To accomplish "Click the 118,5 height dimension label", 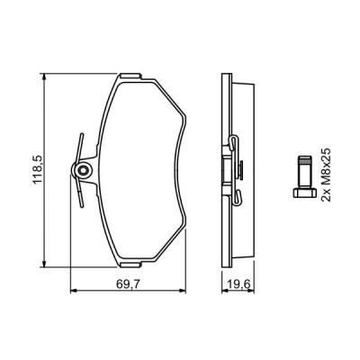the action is tap(38, 170).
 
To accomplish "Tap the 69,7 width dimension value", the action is tap(129, 284).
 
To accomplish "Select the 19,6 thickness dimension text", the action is tap(238, 284).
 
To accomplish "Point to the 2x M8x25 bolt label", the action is tap(326, 175).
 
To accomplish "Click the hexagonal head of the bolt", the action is tap(304, 193).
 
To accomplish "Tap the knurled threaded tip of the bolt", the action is tap(304, 160).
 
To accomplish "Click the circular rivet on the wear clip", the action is tap(82, 171).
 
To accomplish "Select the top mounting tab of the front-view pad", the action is tap(130, 76).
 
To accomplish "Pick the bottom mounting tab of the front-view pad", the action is tap(130, 265).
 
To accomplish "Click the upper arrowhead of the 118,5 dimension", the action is tap(44, 76).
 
